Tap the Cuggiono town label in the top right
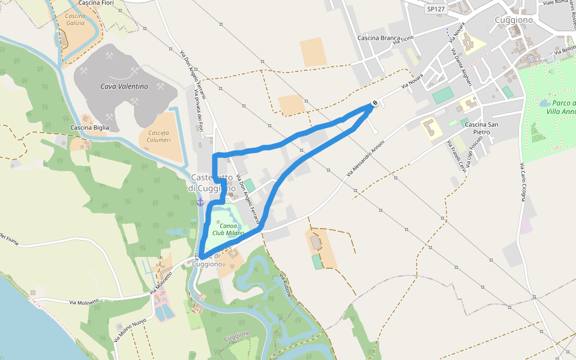(514, 20)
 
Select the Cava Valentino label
(124, 86)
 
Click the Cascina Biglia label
(90, 127)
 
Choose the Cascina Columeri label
(159, 136)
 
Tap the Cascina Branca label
(378, 38)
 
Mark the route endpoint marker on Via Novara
(374, 103)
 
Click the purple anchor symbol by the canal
(200, 202)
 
